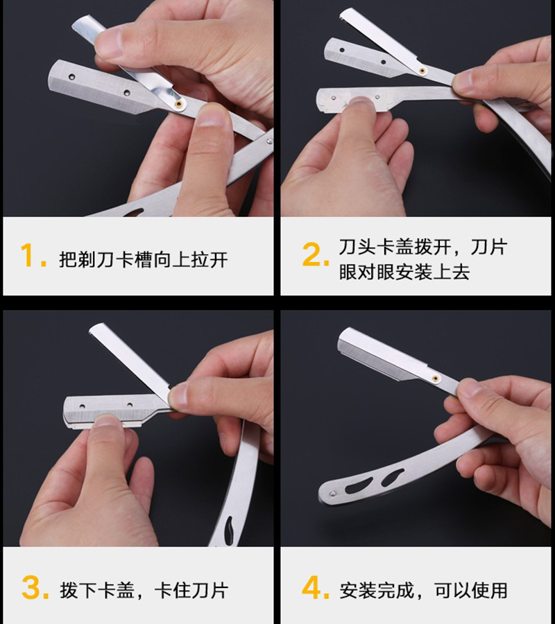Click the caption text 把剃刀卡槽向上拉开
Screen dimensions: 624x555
pyautogui.click(x=143, y=260)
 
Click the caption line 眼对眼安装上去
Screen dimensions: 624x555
pyautogui.click(x=404, y=272)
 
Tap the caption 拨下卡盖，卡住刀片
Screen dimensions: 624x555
pyautogui.click(x=143, y=591)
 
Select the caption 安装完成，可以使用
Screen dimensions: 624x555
pyautogui.click(x=423, y=591)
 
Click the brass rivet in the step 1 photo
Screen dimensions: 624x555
pyautogui.click(x=179, y=103)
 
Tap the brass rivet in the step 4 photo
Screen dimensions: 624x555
pyautogui.click(x=435, y=379)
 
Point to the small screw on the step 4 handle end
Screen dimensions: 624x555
pyautogui.click(x=332, y=493)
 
